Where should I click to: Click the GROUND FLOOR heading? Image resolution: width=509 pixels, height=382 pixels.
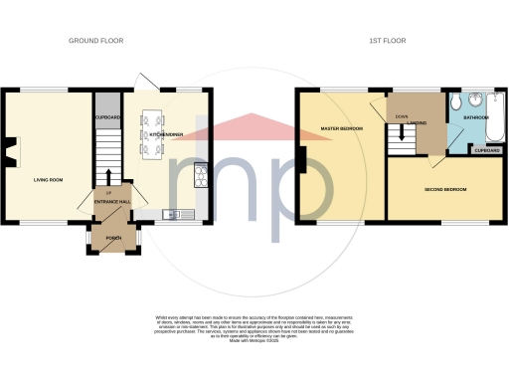click(x=94, y=41)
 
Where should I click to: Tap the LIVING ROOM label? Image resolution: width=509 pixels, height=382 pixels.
click(x=49, y=180)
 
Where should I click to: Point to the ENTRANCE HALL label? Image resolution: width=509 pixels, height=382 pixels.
click(x=112, y=202)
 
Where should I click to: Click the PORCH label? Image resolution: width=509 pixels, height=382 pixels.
click(x=112, y=240)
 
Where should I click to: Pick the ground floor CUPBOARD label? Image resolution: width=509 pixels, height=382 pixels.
click(x=107, y=117)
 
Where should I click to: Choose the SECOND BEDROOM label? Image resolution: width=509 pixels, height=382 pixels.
click(x=445, y=188)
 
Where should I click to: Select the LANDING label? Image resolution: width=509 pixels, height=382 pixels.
click(x=406, y=123)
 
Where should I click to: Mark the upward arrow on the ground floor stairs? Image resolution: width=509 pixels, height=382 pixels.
click(x=108, y=177)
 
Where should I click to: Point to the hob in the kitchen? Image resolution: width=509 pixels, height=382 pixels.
click(x=202, y=178)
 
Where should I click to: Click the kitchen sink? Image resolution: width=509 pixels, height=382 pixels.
click(x=170, y=213)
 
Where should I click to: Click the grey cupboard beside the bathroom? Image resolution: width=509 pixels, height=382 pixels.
click(x=487, y=150)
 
